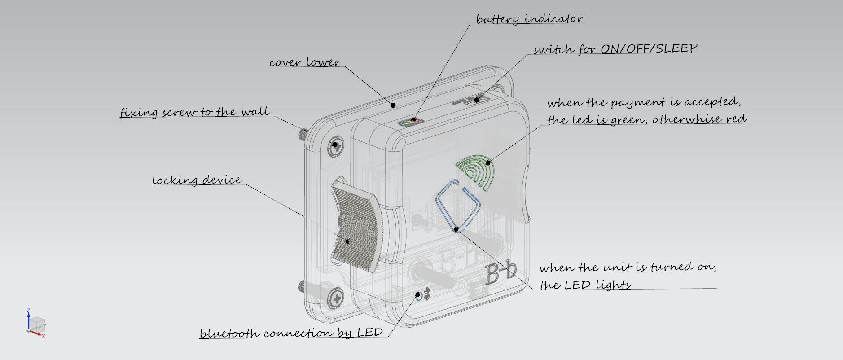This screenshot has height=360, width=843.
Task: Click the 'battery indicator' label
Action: click(529, 19)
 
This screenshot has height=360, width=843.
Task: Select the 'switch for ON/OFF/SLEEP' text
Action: click(615, 49)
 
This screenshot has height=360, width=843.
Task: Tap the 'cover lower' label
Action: click(305, 62)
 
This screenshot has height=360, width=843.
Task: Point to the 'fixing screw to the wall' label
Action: click(195, 112)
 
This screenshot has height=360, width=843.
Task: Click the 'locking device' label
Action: click(197, 180)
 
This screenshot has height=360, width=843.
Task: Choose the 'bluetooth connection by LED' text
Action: click(291, 333)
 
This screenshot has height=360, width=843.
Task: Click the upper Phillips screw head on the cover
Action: click(335, 144)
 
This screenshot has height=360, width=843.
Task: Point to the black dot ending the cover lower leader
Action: click(393, 105)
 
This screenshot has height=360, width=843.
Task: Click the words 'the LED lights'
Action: click(585, 285)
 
